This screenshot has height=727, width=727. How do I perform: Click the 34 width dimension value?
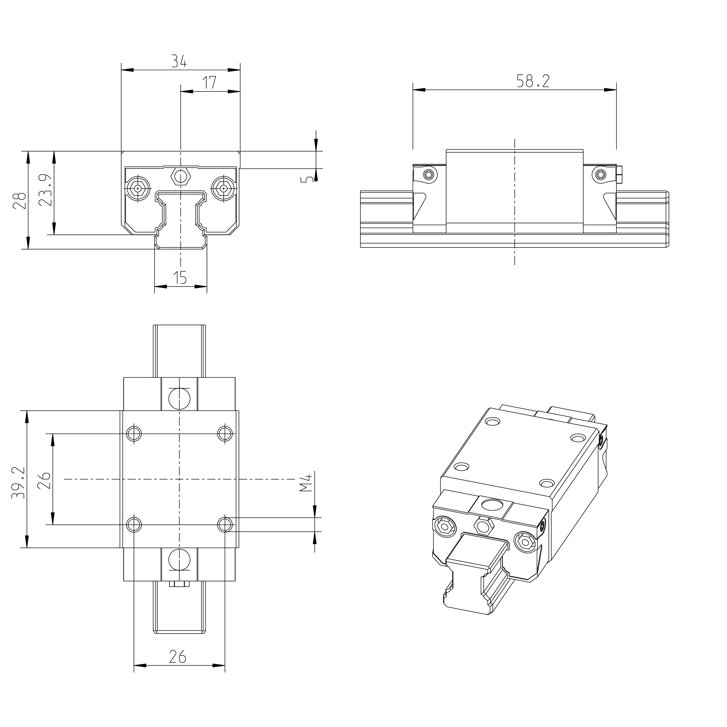179,61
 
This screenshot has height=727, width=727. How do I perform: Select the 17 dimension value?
210,82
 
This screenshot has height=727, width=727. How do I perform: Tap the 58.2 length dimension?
533,81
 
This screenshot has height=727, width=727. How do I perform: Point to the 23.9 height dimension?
45,190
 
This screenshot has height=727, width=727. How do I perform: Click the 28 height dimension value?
20,201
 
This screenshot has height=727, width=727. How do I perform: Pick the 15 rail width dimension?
180,278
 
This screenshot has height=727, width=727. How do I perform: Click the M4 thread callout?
306,483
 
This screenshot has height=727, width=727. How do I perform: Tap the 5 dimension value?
307,179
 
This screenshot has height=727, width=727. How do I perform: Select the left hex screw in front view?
138,188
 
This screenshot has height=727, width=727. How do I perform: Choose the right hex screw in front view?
223,188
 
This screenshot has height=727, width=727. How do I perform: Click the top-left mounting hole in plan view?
134,433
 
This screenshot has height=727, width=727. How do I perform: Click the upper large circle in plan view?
179,399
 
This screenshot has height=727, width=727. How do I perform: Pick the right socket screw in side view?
600,174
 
